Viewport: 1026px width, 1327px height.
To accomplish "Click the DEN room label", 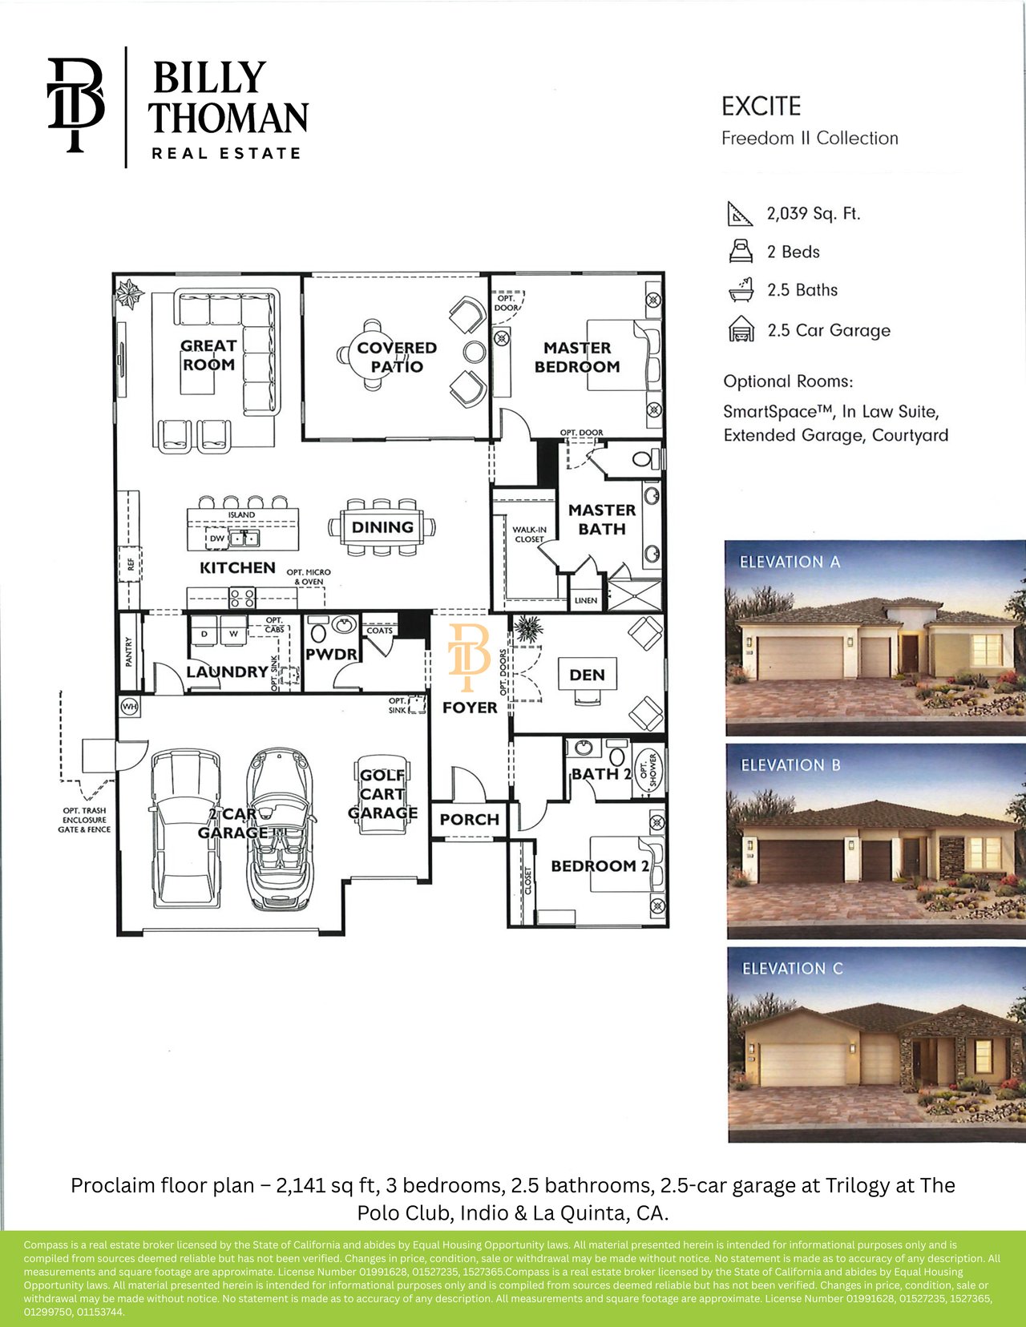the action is point(587,675).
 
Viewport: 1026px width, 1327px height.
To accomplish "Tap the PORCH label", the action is point(469,820).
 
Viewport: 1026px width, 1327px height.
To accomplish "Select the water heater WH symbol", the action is point(130,707).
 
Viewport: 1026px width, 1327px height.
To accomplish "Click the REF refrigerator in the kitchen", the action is point(131,564).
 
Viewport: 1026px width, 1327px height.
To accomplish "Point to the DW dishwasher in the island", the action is point(216,538).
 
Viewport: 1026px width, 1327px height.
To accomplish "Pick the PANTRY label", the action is point(129,652).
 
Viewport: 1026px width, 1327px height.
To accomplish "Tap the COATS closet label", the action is point(379,630).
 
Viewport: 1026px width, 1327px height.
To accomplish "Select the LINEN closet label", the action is point(586,600).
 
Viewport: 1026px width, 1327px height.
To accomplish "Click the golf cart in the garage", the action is point(382,794).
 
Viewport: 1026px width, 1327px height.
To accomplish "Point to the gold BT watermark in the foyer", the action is point(469,657).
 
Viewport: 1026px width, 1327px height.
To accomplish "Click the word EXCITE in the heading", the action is point(761,107).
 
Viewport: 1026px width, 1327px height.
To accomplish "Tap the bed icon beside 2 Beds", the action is point(740,251).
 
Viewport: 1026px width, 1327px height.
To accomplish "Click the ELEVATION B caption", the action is point(790,764).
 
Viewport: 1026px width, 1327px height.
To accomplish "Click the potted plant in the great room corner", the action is point(130,293).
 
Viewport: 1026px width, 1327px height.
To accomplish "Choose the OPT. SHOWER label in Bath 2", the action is point(648,770).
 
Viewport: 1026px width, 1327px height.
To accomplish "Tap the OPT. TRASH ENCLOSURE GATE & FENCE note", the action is point(86,820).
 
